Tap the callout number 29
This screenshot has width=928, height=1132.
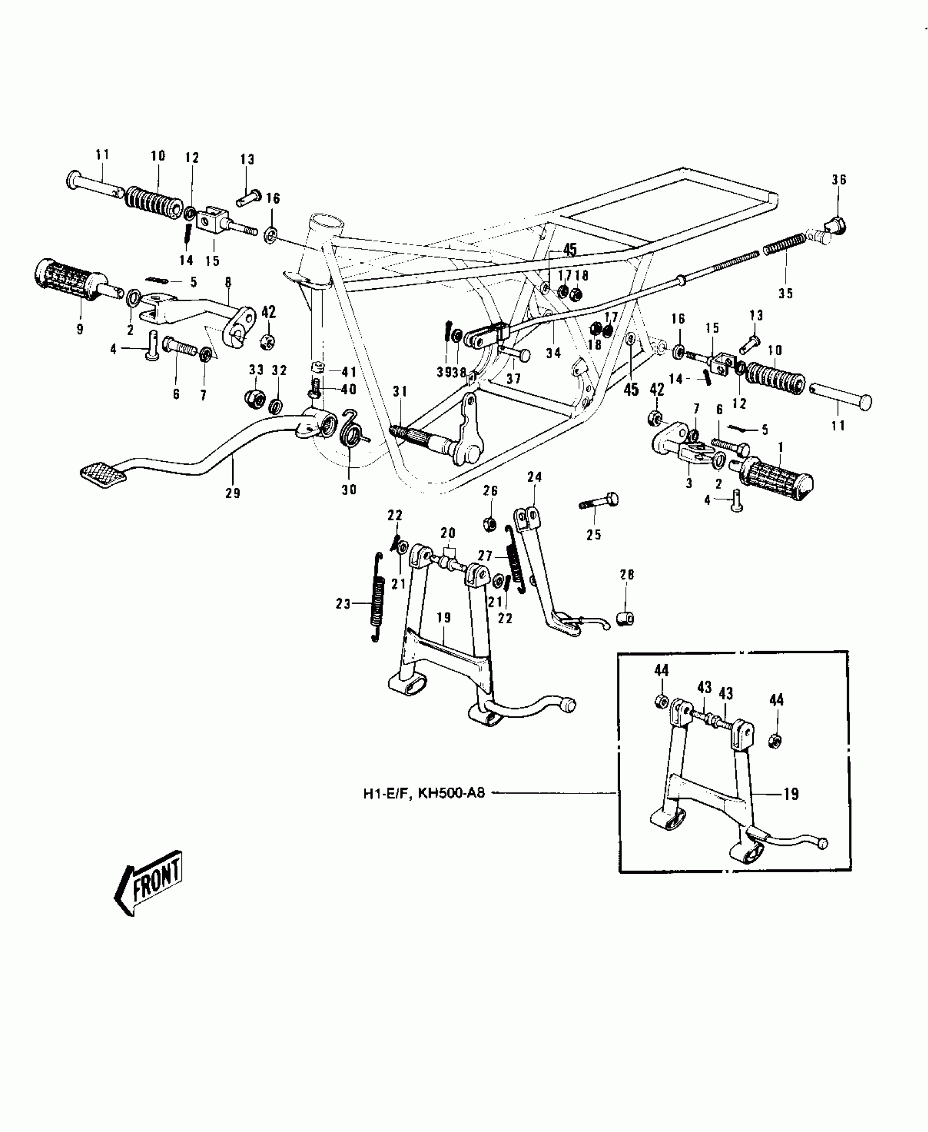click(233, 493)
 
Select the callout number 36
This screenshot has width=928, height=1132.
click(839, 180)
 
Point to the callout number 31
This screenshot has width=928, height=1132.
click(400, 392)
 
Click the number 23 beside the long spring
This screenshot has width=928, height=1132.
click(343, 604)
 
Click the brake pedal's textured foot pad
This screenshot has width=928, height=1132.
click(103, 473)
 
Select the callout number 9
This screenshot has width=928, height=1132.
click(80, 330)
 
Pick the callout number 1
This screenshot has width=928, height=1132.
click(781, 447)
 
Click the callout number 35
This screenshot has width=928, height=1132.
click(786, 293)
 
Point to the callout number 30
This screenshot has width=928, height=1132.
click(349, 490)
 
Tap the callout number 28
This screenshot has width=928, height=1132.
click(627, 575)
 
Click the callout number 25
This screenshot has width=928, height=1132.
click(593, 535)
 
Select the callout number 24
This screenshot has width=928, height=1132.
click(534, 477)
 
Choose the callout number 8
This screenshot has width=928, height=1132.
click(228, 282)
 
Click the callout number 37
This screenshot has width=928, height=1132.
click(514, 378)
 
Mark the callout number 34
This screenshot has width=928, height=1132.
click(553, 353)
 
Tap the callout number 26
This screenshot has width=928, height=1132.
click(490, 491)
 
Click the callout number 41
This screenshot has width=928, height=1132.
click(349, 372)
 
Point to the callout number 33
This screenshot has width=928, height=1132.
click(256, 370)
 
